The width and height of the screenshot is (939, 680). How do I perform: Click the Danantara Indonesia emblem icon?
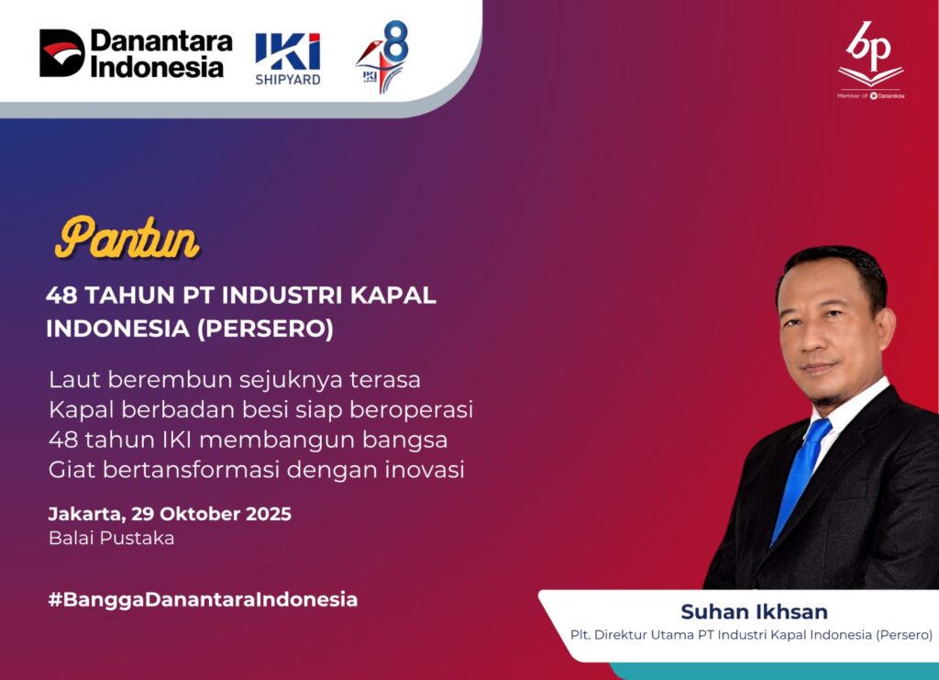click(62, 52)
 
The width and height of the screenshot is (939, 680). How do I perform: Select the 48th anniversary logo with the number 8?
click(382, 56)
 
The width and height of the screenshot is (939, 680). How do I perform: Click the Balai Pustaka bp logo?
click(871, 60)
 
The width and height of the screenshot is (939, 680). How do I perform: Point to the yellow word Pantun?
click(127, 238)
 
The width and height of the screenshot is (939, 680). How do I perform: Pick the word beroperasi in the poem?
click(412, 410)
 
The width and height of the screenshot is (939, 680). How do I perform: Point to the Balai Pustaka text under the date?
click(111, 538)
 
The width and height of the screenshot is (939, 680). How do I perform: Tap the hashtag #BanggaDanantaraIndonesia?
click(203, 600)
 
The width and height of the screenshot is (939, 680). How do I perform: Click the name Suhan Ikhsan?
click(754, 612)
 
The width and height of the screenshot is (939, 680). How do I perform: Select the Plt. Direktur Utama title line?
click(751, 635)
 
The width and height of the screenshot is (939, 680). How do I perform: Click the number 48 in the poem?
click(63, 440)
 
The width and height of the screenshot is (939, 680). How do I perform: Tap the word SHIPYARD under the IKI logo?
click(288, 80)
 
